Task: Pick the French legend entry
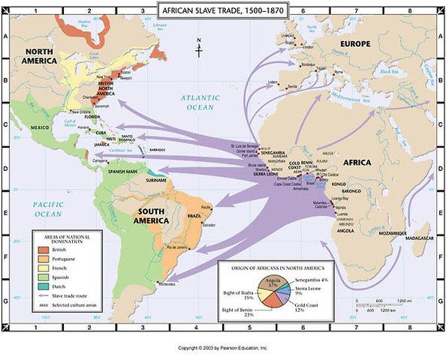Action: pos(59,267)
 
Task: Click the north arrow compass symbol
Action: pos(200,48)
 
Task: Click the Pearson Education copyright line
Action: pos(223,348)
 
